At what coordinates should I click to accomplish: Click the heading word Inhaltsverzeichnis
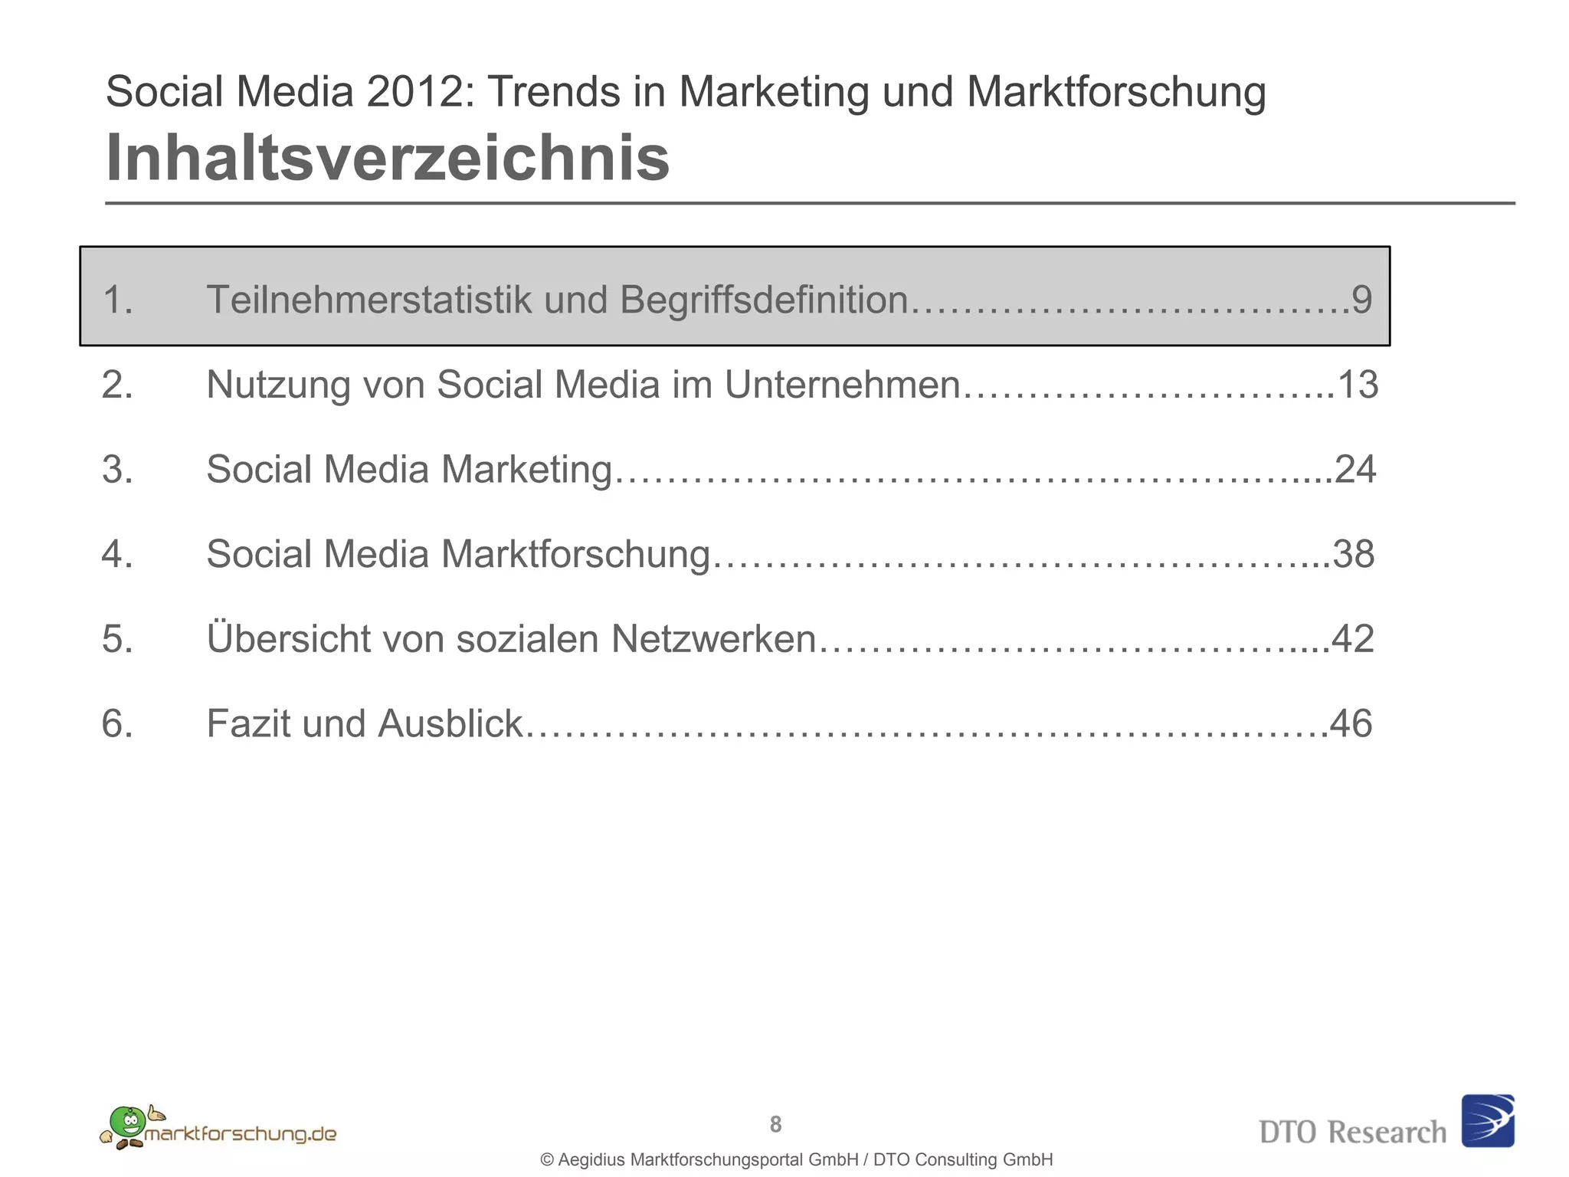pos(387,159)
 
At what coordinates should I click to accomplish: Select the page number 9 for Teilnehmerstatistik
pos(1361,300)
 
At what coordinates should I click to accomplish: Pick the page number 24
pos(1355,469)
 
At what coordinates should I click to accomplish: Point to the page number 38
pos(1354,554)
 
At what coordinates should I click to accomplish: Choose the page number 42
pos(1353,638)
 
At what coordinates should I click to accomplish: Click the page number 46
pos(1351,723)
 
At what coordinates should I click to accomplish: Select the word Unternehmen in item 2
pos(842,385)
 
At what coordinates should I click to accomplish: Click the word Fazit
pos(247,723)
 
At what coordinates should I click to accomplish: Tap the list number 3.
pos(116,469)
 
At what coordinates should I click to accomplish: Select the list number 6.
pos(116,723)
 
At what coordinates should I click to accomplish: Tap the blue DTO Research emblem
pos(1487,1120)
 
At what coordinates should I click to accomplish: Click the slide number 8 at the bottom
pos(775,1124)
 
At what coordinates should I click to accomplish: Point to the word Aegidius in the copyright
pos(592,1160)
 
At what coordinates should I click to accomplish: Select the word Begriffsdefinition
pos(764,300)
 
